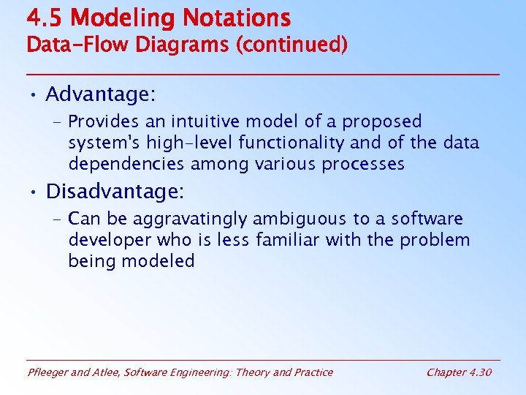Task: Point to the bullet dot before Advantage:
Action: click(33, 95)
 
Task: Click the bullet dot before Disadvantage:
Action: click(33, 192)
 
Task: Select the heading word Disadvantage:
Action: click(115, 192)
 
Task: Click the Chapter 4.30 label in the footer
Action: click(459, 372)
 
